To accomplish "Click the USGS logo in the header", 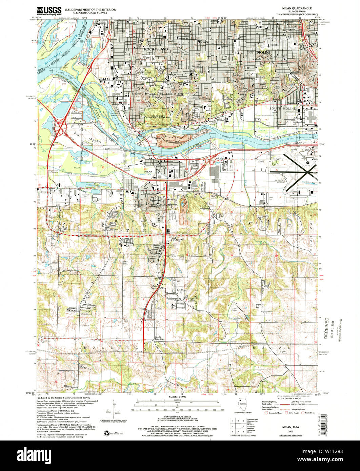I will pos(49,11).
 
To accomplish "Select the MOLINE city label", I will pos(264,53).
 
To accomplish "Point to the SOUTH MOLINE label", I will pos(283,108).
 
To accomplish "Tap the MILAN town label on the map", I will pos(148,172).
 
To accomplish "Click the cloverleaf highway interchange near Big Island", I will pos(62,128).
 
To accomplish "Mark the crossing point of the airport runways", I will pos(308,172).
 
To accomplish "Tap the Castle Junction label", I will pos(159,338).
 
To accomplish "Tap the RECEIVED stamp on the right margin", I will pos(327,328).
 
